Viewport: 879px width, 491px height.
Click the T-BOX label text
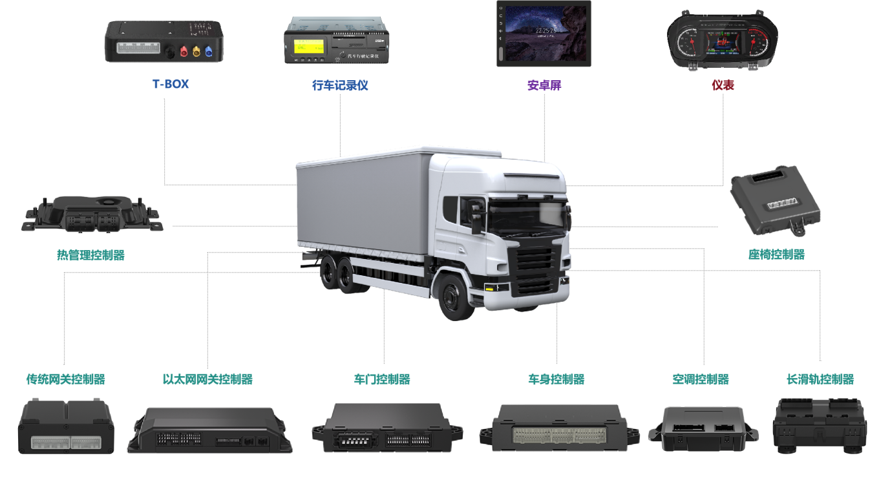pos(171,84)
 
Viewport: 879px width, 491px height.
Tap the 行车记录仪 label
pos(340,85)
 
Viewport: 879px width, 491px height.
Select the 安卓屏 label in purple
pos(544,85)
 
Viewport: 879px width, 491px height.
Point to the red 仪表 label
pos(723,85)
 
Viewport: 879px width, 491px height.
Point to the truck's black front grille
pos(536,266)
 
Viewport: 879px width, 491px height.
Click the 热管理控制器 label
pos(90,255)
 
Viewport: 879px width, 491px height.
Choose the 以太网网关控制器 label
pos(207,379)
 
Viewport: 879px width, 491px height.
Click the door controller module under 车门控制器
pos(387,428)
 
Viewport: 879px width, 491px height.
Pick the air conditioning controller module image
pos(703,428)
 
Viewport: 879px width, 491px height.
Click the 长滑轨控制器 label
pos(820,379)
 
